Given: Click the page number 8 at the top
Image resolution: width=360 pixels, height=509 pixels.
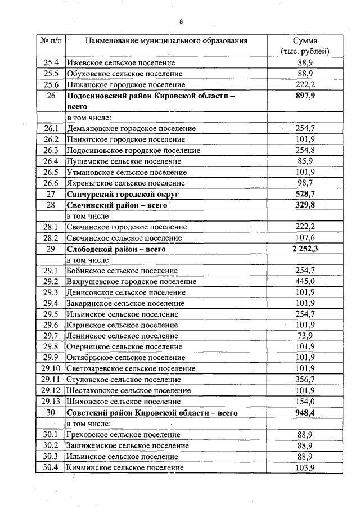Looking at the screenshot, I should [181, 22].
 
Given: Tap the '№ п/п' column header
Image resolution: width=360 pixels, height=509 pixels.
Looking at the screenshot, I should [51, 41].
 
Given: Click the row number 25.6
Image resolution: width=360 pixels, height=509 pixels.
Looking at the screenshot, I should [51, 84].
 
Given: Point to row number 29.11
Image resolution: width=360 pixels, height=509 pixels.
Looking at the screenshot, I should [51, 380].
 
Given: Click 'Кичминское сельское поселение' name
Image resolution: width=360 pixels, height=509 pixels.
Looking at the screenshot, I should [124, 467].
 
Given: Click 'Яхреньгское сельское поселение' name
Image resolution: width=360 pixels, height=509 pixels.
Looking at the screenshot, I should [125, 183].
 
